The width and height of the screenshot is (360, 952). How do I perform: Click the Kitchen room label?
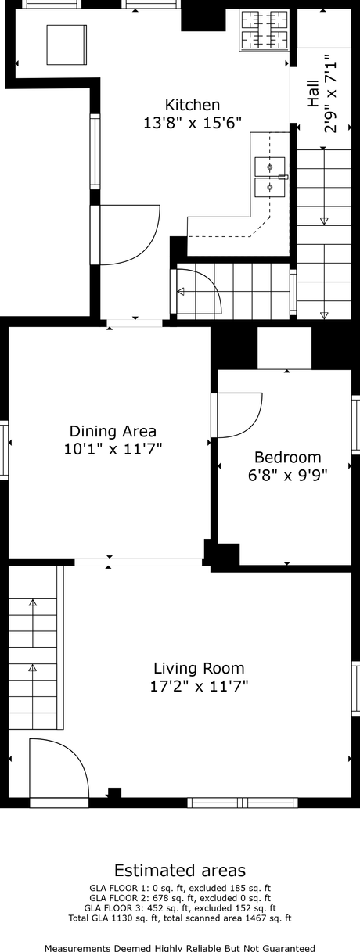[192, 105]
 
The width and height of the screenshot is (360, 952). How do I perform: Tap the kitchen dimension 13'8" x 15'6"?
[192, 123]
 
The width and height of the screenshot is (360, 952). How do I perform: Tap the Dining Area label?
[113, 431]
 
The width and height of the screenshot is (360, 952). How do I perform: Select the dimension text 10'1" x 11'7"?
[113, 449]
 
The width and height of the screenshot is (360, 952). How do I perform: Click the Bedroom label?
[287, 457]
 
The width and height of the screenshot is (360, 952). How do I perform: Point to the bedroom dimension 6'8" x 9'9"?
[287, 475]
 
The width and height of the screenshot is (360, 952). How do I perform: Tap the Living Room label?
[198, 668]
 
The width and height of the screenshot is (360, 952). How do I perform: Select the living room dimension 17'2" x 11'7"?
[198, 687]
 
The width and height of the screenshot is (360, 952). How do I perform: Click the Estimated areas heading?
[179, 871]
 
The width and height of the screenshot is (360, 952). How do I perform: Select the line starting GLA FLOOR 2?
[179, 898]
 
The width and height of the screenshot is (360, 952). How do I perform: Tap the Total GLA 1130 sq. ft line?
[179, 918]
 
